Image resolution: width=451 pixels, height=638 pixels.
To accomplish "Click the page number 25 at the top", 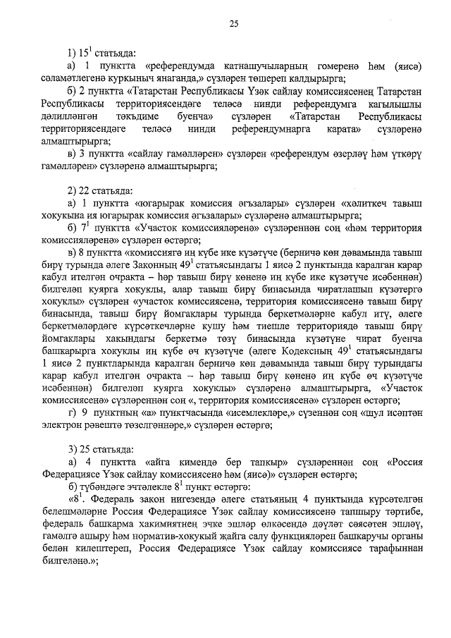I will (x=233, y=25).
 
